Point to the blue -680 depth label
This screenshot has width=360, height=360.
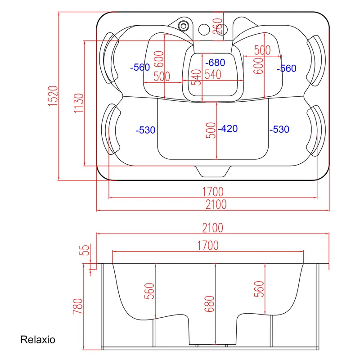(214, 62)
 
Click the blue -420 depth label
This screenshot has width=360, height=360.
(228, 129)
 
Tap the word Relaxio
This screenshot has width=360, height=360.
(38, 339)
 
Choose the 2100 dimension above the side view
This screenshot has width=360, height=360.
(212, 228)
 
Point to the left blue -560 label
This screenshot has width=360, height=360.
(139, 67)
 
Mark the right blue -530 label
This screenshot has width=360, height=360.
(279, 130)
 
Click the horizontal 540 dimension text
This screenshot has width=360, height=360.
(213, 75)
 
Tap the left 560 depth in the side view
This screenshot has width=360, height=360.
(150, 291)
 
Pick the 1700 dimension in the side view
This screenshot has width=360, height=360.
(207, 245)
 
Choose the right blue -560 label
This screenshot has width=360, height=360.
(287, 68)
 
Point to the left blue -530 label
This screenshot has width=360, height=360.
(145, 130)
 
